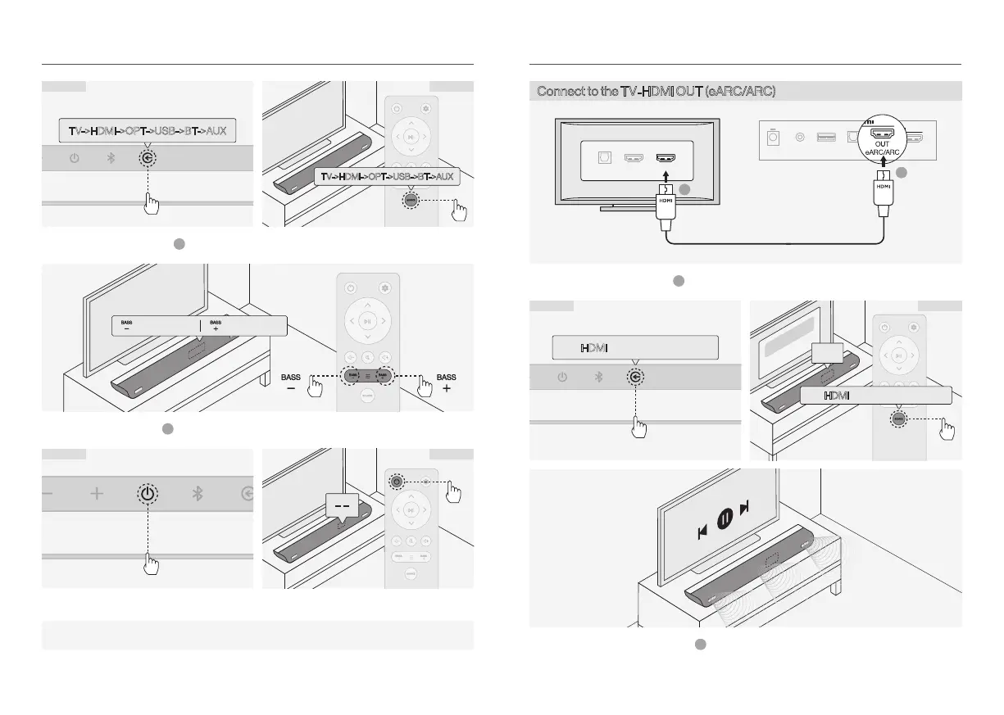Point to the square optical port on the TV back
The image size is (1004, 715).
604,158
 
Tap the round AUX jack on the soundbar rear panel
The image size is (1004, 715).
801,136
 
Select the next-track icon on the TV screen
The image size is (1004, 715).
744,509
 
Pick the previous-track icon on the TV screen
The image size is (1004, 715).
702,532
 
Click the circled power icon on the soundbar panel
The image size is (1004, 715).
146,494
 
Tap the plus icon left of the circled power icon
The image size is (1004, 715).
97,494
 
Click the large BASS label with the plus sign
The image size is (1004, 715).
446,382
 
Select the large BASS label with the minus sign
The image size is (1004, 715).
291,382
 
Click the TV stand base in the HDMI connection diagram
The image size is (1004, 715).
636,208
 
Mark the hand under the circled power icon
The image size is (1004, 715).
149,564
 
